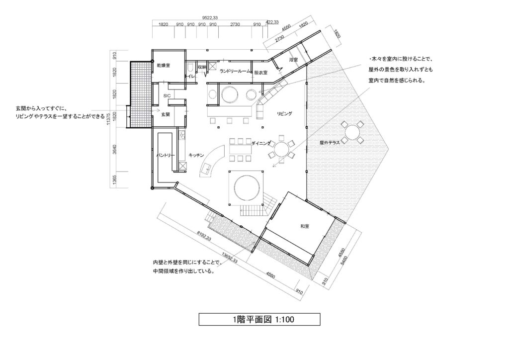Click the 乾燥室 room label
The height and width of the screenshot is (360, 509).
[164, 66]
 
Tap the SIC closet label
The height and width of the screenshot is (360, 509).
[167, 96]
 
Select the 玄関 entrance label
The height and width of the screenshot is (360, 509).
[166, 114]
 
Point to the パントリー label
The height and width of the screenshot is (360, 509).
[166, 155]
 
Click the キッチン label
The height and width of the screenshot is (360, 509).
[196, 155]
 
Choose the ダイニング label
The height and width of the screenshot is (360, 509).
[261, 143]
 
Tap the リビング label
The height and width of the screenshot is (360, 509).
[284, 113]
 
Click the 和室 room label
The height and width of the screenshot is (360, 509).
[305, 226]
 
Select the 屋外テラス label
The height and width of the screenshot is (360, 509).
[330, 143]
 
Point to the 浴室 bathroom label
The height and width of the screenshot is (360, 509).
[293, 60]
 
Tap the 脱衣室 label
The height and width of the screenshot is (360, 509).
[260, 73]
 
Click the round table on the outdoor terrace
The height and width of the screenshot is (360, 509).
[352, 132]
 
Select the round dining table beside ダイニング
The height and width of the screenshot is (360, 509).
[281, 150]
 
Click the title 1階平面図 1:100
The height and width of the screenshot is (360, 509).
[259, 319]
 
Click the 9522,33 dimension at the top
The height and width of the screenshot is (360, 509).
[210, 18]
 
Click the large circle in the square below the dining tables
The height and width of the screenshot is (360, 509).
[247, 187]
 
